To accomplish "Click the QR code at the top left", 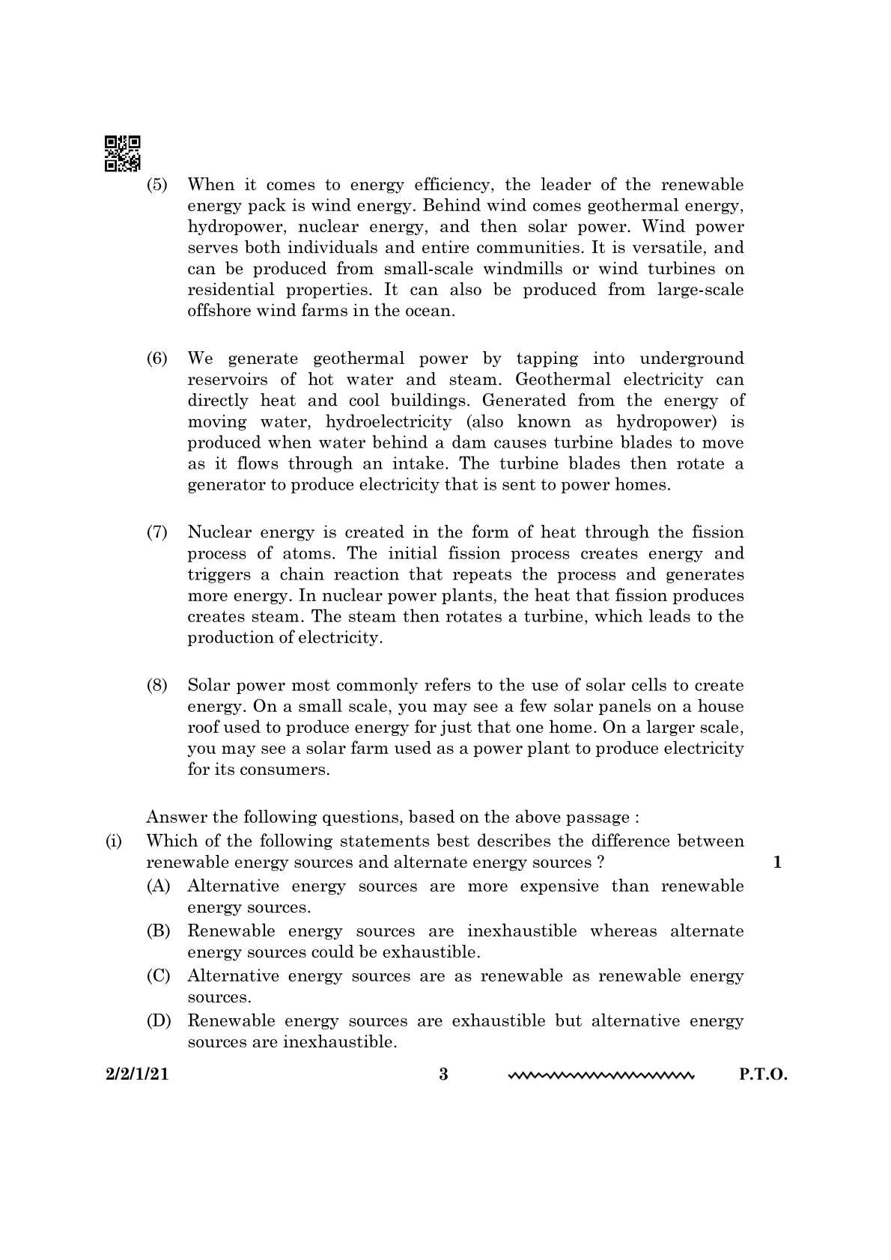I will [x=122, y=153].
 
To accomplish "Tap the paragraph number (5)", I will [x=157, y=184].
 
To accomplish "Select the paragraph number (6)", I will [x=157, y=358].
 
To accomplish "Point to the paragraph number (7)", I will [x=157, y=532].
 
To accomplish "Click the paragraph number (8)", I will [x=157, y=685].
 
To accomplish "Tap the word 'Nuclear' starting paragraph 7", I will [x=219, y=532].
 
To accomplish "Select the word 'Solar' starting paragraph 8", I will [x=207, y=685].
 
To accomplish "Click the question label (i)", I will [x=114, y=841].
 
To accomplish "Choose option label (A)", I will [x=158, y=886].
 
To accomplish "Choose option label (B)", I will [x=158, y=931].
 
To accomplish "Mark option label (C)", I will [x=158, y=976].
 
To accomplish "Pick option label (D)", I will [x=158, y=1020].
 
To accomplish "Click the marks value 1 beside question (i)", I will [x=777, y=862].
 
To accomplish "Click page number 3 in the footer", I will [x=443, y=1074].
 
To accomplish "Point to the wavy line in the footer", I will [x=601, y=1077].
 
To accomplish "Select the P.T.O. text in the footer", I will [x=763, y=1074].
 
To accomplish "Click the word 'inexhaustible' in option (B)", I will [x=522, y=931].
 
